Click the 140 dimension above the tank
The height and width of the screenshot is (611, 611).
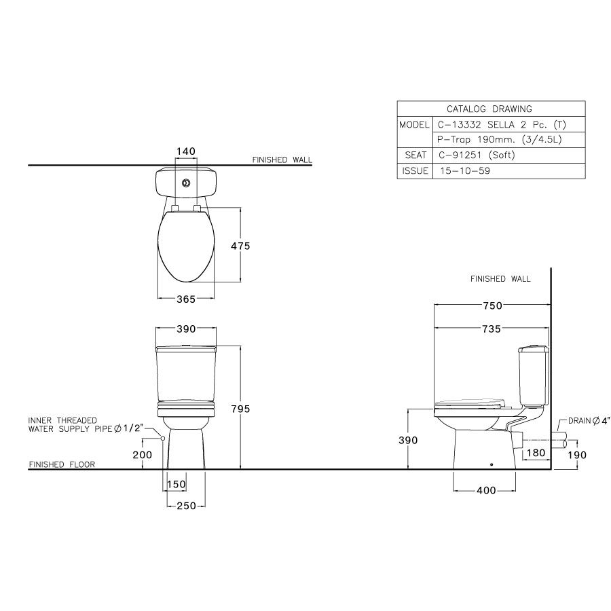pos(186,151)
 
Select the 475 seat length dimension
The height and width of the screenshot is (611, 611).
pos(240,246)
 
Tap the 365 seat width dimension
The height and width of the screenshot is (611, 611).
pos(186,299)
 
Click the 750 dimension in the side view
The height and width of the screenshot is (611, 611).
pos(492,306)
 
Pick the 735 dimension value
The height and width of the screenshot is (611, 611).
pos(492,329)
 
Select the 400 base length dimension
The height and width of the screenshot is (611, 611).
pos(486,490)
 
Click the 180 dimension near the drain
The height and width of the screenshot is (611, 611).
pos(536,452)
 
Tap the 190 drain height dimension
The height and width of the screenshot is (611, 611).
pos(576,455)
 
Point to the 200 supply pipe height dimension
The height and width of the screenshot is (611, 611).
pos(142,455)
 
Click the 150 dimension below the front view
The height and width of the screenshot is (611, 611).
pos(176,484)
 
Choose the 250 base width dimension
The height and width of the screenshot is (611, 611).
pos(186,505)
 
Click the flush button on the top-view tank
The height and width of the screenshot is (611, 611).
pos(186,182)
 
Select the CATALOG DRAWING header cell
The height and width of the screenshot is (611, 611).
pos(489,109)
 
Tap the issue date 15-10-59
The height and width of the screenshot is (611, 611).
pos(466,171)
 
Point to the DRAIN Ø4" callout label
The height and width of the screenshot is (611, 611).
pos(589,422)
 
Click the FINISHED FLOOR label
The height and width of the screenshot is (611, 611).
pos(62,465)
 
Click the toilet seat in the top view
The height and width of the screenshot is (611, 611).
pos(186,248)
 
